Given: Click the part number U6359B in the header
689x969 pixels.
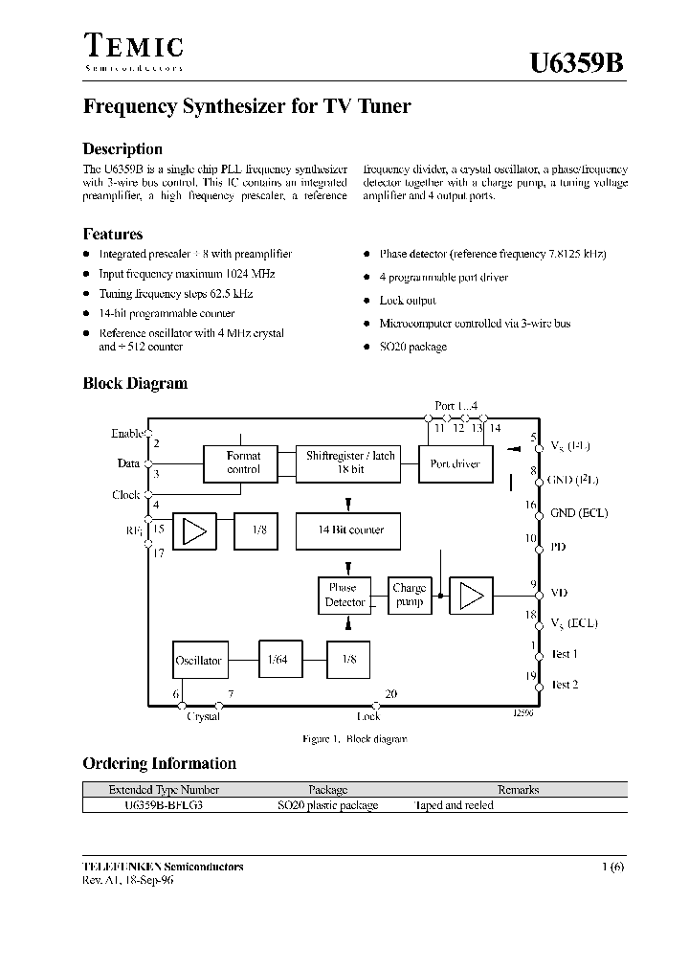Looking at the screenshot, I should click(x=577, y=64).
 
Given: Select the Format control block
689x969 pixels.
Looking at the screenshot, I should click(x=244, y=462).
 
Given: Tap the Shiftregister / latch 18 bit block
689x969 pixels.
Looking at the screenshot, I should click(x=350, y=462).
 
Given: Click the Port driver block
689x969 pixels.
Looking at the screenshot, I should click(x=456, y=463).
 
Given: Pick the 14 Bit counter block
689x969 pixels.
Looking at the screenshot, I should click(x=350, y=530).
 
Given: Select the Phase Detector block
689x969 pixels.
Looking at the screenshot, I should click(x=344, y=595).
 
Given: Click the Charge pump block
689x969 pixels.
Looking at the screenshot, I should click(x=410, y=595).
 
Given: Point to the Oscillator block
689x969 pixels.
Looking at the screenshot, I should click(x=198, y=660).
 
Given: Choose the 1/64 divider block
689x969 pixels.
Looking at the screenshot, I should click(x=278, y=660).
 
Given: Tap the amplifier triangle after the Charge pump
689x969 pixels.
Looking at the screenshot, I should click(x=471, y=596).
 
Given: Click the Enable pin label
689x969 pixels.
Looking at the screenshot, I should click(x=128, y=433).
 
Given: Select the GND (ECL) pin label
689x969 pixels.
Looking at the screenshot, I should click(x=579, y=512).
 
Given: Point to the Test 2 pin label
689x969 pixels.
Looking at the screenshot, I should click(x=564, y=685).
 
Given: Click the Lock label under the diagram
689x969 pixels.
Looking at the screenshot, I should click(x=368, y=716).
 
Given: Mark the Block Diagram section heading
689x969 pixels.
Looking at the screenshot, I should click(x=135, y=383).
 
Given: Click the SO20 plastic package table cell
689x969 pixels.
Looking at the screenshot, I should click(x=328, y=805).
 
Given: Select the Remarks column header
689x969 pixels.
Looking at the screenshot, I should click(x=518, y=790).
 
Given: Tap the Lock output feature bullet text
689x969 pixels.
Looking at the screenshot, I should click(x=408, y=300).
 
